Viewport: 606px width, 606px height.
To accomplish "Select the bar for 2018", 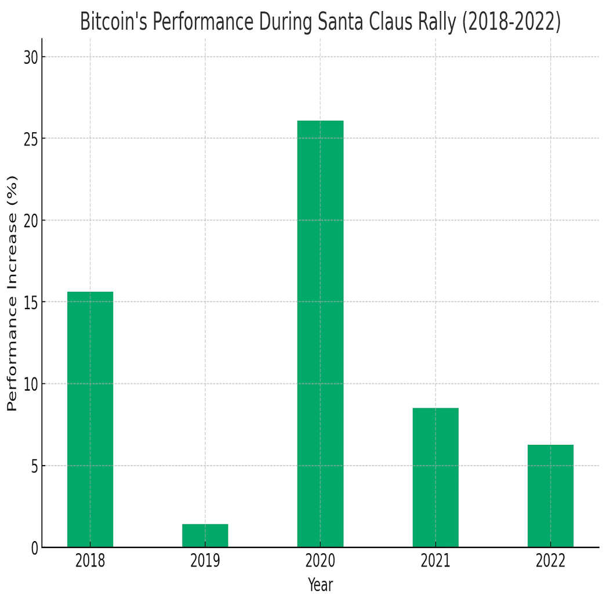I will [x=90, y=419].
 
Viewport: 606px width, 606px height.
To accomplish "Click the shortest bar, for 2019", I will [x=205, y=536].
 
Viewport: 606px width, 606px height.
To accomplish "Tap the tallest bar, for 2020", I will [x=320, y=333].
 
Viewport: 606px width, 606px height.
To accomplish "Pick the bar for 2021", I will [x=436, y=477].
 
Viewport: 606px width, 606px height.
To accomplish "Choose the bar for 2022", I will [x=550, y=496].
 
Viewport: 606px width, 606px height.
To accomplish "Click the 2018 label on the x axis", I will [x=90, y=561].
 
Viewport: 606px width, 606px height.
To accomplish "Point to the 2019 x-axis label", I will [x=205, y=561].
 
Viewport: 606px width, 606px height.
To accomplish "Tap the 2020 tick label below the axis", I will [x=320, y=561].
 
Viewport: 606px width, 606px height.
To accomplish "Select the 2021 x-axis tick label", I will [x=436, y=561].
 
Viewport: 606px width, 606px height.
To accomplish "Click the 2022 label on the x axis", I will [x=550, y=561].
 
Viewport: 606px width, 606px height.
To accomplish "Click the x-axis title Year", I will [x=320, y=585].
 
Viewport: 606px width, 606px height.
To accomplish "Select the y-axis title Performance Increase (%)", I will [x=12, y=293].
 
